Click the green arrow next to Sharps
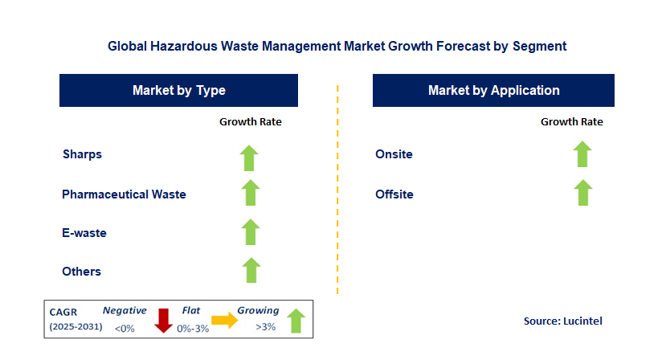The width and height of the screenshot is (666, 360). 250,157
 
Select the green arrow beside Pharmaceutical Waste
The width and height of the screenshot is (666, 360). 250,194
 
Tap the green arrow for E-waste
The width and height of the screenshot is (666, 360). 250,232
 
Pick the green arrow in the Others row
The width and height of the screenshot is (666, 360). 250,271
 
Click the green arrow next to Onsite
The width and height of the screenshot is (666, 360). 582,153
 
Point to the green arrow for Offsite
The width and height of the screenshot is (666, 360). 582,193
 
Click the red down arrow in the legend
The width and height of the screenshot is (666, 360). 164,320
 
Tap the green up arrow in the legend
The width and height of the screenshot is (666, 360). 295,319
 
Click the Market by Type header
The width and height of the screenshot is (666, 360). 179,91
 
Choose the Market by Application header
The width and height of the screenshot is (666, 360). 493,91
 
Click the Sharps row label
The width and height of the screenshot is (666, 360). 82,154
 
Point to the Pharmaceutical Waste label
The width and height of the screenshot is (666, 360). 124,194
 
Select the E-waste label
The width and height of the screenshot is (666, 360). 84,233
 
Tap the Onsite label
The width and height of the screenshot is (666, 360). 394,154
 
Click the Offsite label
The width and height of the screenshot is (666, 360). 394,194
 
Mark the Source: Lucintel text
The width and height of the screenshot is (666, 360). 562,321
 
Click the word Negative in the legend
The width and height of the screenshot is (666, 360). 125,310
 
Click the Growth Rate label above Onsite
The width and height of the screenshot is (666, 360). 571,122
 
